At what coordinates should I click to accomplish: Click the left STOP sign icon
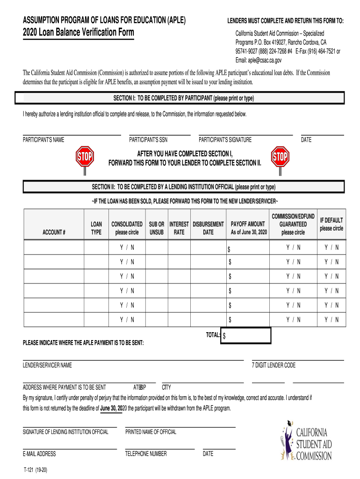click(85, 156)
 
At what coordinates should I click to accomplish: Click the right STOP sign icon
click(280, 157)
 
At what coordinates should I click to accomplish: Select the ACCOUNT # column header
click(54, 232)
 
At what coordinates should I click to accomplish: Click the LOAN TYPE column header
click(96, 228)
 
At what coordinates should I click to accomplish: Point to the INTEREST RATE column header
click(179, 228)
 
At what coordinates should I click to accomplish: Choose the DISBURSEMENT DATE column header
click(209, 228)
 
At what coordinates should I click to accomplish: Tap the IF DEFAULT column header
click(331, 224)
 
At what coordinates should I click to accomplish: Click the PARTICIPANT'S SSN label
click(148, 140)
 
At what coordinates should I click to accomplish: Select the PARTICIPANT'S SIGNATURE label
click(225, 140)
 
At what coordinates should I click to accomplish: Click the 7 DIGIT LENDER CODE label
click(274, 365)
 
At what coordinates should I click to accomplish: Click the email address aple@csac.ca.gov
click(259, 60)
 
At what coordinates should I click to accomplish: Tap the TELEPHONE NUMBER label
click(146, 454)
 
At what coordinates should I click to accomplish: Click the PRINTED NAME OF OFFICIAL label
click(151, 432)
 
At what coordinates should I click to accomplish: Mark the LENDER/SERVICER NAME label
click(47, 365)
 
